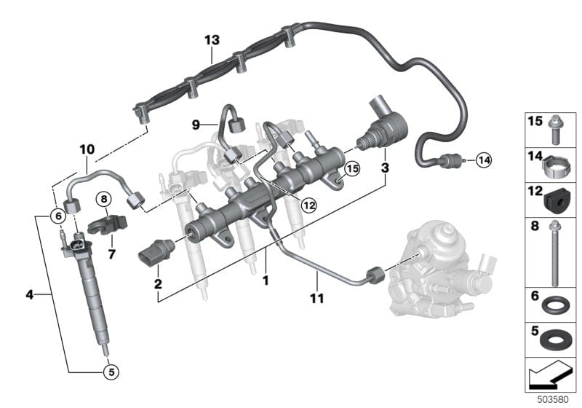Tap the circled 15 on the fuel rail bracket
352,169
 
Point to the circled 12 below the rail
309,205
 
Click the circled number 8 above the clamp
104,198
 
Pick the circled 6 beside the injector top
55,216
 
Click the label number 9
196,125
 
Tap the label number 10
87,149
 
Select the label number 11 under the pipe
317,299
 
